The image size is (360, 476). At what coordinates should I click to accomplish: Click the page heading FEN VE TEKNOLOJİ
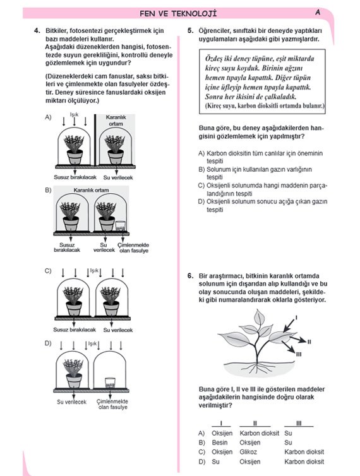178,14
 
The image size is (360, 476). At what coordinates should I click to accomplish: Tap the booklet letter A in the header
318,13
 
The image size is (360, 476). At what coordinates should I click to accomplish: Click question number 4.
37,31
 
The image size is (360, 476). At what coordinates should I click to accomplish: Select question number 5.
190,31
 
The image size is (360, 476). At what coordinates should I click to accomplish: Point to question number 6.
190,276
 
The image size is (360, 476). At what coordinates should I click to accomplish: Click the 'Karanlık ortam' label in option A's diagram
116,120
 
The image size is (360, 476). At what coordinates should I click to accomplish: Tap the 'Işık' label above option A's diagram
74,114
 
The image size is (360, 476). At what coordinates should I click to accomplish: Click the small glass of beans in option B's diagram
121,226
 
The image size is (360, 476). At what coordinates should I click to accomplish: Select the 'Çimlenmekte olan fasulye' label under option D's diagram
112,405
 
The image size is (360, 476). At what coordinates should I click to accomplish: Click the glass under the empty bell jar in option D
110,383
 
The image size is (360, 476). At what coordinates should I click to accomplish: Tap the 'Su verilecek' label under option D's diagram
72,402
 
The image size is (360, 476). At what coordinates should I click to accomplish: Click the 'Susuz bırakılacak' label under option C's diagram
75,330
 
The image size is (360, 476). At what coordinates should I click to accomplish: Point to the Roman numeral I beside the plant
296,318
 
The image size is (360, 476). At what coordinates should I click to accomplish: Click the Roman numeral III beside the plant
299,354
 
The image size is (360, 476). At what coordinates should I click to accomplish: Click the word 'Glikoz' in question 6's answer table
248,452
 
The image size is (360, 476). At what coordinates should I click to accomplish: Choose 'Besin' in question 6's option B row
220,443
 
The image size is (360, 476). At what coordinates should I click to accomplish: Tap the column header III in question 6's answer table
299,424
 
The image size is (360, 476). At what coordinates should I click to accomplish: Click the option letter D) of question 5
201,201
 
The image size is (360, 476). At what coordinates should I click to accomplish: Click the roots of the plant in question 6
258,367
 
